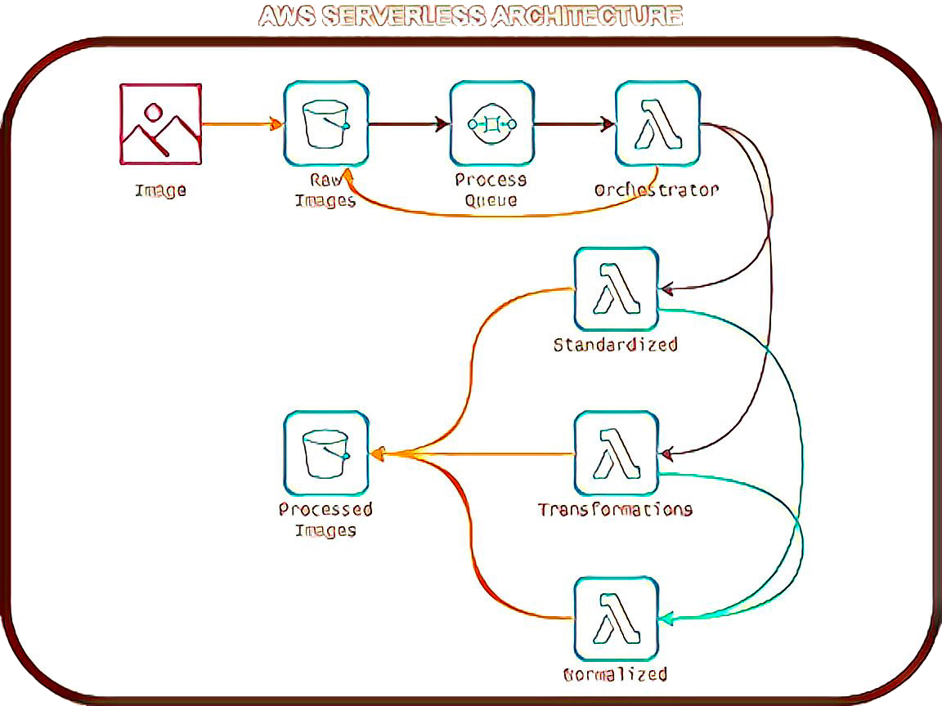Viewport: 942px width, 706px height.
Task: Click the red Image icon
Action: coord(160,123)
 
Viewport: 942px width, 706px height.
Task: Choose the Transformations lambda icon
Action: coord(616,454)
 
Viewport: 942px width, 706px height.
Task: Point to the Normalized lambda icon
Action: coord(616,619)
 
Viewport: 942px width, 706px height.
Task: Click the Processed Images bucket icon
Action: coord(325,454)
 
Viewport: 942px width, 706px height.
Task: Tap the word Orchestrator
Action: coord(657,190)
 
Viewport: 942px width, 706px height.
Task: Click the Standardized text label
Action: coord(616,344)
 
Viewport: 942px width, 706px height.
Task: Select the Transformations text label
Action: coord(615,509)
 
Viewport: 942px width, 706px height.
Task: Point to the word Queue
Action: coord(491,201)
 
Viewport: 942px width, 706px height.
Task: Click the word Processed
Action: coord(325,509)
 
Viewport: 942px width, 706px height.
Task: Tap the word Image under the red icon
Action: coord(160,191)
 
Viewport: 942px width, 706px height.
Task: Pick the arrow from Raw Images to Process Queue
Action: coord(408,124)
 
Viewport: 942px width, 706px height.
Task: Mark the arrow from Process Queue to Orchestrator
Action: coord(574,124)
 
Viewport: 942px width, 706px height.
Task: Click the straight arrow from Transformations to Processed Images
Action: coord(474,454)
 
